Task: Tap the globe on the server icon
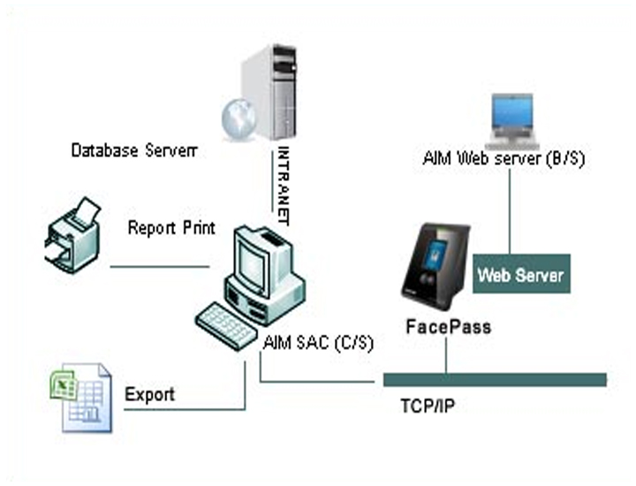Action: (x=236, y=118)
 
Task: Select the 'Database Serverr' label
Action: (x=133, y=151)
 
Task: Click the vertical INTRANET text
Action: (x=284, y=182)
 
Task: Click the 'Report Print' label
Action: (x=171, y=228)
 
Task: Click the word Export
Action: (x=149, y=394)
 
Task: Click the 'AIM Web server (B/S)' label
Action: (x=503, y=159)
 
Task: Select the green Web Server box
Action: (x=520, y=275)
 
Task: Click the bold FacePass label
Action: (x=448, y=327)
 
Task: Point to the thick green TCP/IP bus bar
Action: (x=495, y=379)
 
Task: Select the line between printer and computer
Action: (x=160, y=266)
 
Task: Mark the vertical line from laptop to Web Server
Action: (x=509, y=212)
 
